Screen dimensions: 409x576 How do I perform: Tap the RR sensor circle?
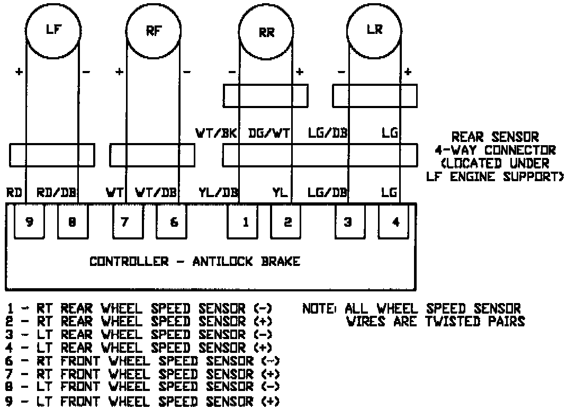[x=266, y=33]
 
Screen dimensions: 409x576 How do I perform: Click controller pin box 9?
[x=29, y=222]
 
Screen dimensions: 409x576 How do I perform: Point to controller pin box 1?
[x=246, y=222]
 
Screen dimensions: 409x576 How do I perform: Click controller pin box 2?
[x=288, y=222]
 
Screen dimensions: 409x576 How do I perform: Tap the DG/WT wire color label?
[x=269, y=134]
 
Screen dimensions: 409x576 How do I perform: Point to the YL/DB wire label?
[x=218, y=192]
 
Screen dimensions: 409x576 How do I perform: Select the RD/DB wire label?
[x=57, y=192]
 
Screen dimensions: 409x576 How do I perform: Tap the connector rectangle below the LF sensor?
[x=52, y=155]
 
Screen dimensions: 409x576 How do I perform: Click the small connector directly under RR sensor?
[x=265, y=95]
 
